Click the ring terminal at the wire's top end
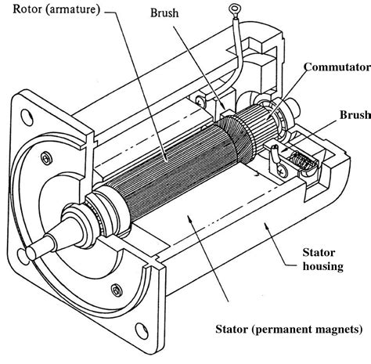(x=232, y=10)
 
